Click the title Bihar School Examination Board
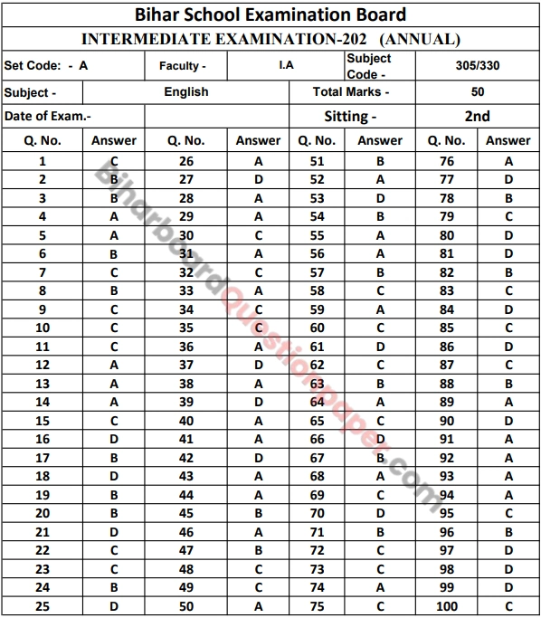270,14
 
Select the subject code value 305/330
478,65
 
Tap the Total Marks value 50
478,91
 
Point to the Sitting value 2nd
478,116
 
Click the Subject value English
186,91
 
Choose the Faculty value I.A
286,65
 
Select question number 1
43,160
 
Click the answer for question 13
114,383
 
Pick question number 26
186,160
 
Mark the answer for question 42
259,458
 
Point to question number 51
317,160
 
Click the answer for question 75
380,606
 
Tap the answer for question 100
509,606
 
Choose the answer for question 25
114,606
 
